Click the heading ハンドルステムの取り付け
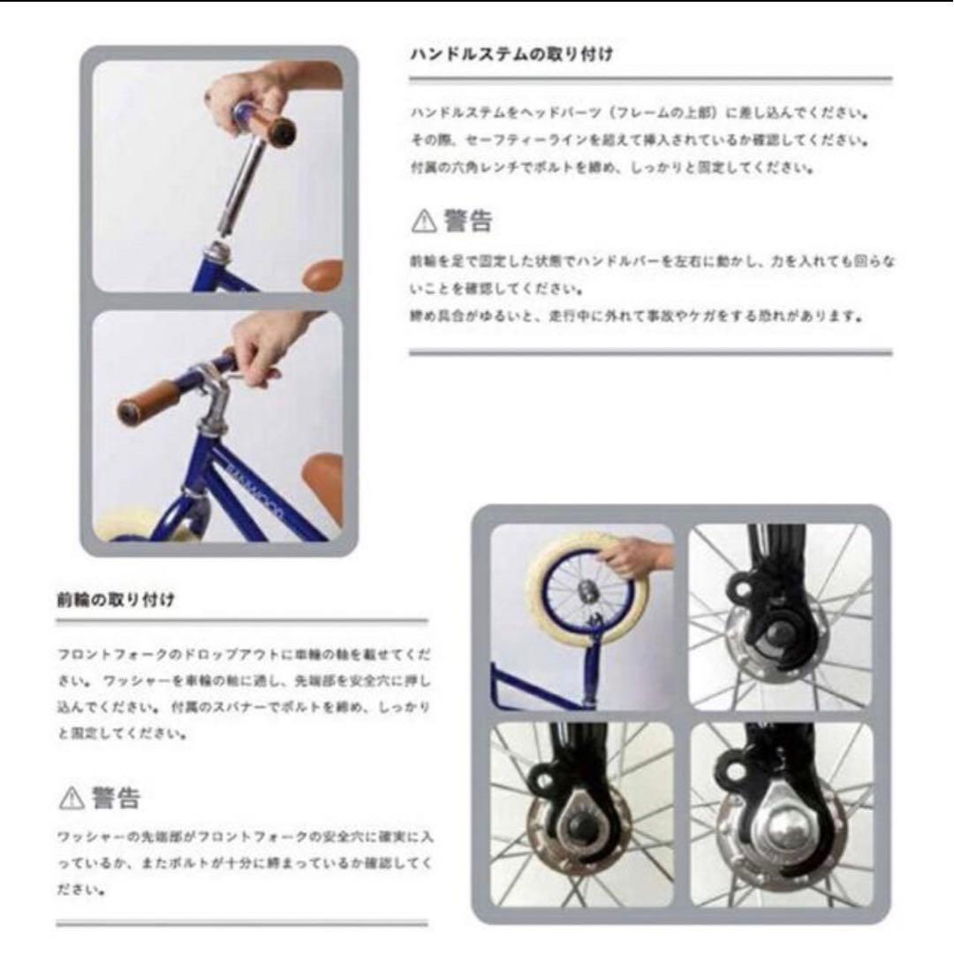click(511, 55)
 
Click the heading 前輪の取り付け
click(115, 600)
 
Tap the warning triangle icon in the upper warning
click(424, 222)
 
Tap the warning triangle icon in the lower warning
click(71, 799)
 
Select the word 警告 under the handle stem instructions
click(468, 221)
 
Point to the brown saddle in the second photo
click(323, 477)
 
